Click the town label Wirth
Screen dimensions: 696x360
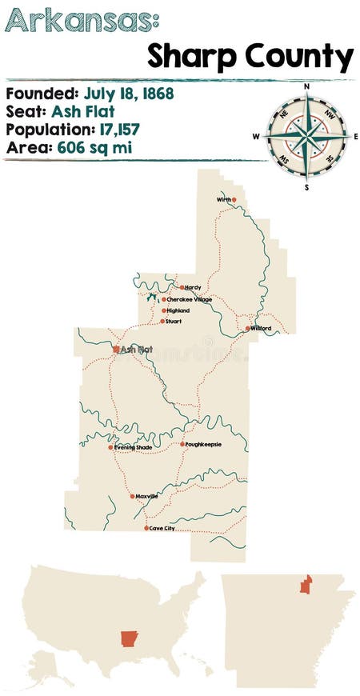tap(223, 199)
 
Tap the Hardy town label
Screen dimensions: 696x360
tap(193, 287)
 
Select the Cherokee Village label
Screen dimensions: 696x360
tap(189, 299)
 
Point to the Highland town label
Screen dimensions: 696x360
tap(178, 310)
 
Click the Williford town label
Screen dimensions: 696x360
tap(261, 328)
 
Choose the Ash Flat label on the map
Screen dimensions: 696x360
tap(137, 350)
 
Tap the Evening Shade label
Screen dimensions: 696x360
tap(134, 447)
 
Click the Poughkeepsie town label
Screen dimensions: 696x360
tap(204, 444)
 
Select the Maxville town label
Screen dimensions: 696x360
tap(147, 496)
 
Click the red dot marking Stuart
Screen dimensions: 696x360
tap(162, 321)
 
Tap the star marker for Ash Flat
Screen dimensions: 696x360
tap(116, 350)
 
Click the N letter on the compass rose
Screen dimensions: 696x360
tap(306, 85)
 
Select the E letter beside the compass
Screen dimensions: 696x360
tap(355, 136)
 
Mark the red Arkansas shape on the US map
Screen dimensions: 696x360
tap(129, 638)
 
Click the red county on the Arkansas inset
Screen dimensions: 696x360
tap(306, 584)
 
